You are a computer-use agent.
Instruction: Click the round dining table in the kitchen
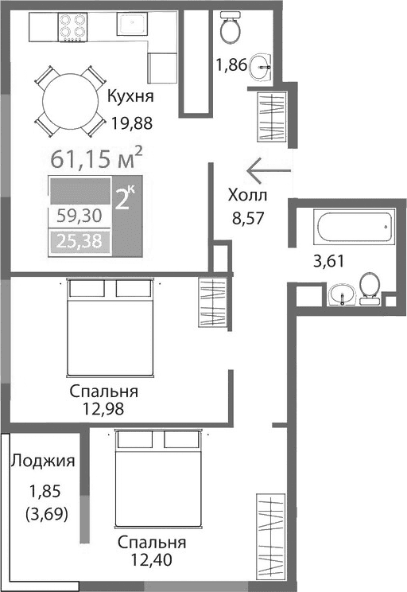coord(71,100)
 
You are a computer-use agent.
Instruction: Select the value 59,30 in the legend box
coord(79,216)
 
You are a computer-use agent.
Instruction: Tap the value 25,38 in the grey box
coord(79,241)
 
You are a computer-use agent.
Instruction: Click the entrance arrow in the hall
coord(269,169)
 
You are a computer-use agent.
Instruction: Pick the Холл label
coord(248,195)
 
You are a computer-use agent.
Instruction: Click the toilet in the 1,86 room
coord(231,28)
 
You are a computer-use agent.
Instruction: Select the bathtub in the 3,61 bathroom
coord(355,228)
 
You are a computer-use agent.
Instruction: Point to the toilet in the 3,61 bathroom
coord(369,288)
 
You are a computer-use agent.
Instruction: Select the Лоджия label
coord(42,460)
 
